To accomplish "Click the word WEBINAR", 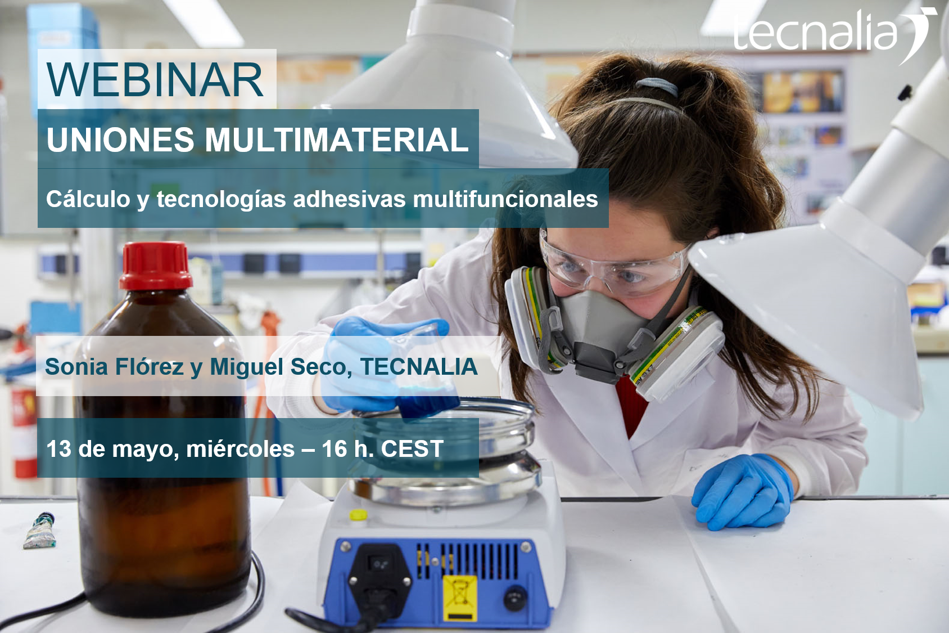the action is tap(155, 80).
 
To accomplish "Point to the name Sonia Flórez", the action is tap(114, 366).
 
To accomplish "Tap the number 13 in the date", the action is tap(58, 448).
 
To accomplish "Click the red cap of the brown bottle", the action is tap(156, 266).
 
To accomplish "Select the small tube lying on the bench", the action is tap(40, 530).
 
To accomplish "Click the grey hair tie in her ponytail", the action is tap(657, 86).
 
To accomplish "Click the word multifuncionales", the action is tap(505, 199).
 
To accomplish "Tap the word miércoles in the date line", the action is tap(240, 448).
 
